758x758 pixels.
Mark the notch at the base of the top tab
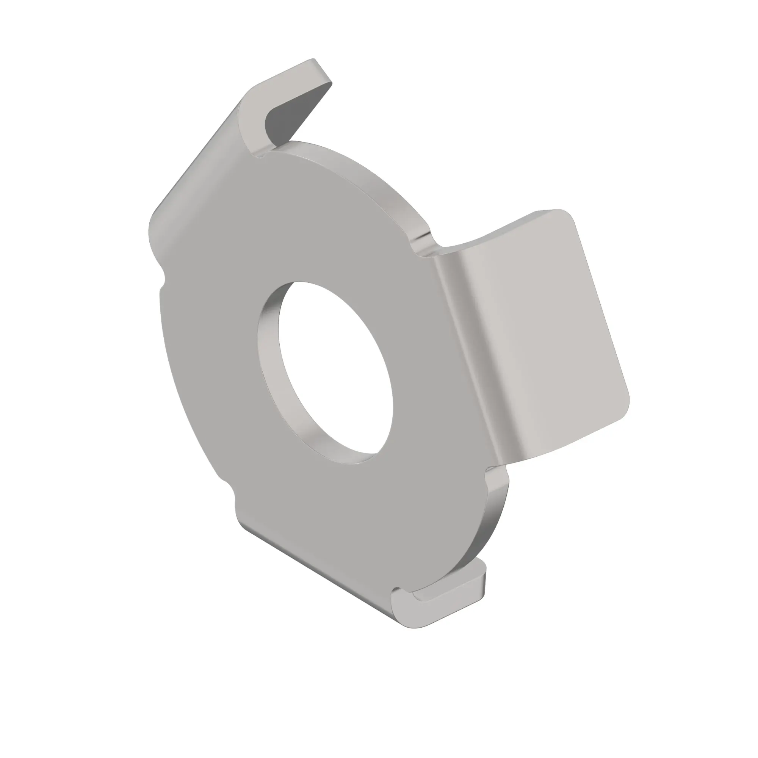tap(261, 155)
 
